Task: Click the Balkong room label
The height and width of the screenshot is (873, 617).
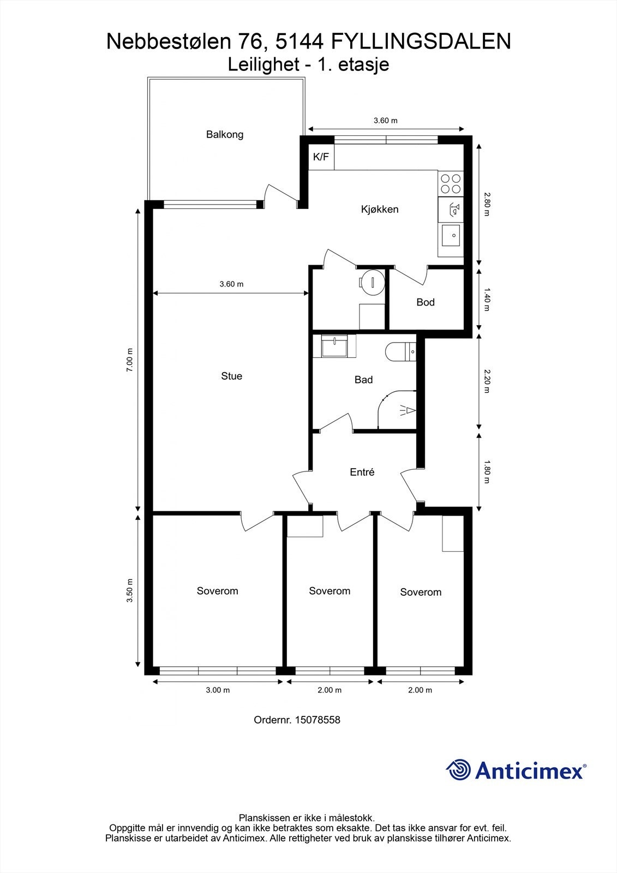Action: coord(224,134)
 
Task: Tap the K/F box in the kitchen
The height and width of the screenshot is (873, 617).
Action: coord(321,157)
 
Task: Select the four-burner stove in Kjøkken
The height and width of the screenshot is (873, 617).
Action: coord(451,183)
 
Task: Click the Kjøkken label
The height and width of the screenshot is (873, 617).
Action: coord(380,209)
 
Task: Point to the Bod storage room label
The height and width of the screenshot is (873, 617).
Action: coord(425,302)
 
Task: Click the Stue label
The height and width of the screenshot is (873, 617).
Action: coord(231,376)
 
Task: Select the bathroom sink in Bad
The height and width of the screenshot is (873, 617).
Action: coord(333,346)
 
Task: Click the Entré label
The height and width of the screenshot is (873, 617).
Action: coord(362,473)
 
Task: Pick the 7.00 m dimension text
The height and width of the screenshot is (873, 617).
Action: coord(129,360)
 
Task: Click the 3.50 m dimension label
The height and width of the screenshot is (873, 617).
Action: coord(129,590)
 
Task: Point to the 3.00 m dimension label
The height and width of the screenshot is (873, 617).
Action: coord(218,690)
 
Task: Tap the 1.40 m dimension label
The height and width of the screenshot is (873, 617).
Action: coord(487,302)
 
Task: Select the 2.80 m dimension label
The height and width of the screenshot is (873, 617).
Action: coord(487,204)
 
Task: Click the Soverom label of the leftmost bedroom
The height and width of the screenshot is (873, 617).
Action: coord(217,591)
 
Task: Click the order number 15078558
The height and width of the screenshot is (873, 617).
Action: coord(317,720)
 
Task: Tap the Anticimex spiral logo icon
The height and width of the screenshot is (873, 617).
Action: coord(458,770)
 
